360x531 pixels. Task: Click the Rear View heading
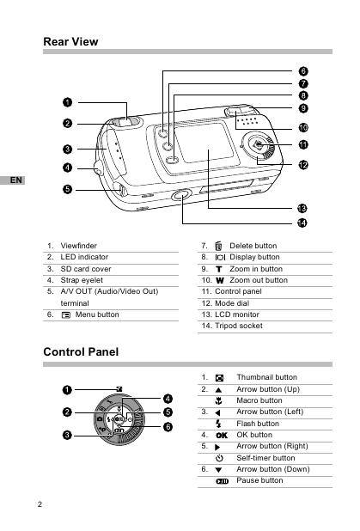pyautogui.click(x=70, y=41)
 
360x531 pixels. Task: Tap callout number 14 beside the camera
pyautogui.click(x=302, y=223)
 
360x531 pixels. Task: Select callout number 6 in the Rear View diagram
pyautogui.click(x=303, y=71)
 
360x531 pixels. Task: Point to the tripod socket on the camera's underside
pyautogui.click(x=181, y=195)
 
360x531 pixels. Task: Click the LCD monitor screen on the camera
pyautogui.click(x=204, y=143)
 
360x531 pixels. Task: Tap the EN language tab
pyautogui.click(x=13, y=180)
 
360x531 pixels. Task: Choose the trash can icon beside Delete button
pyautogui.click(x=218, y=246)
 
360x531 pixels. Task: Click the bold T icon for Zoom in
pyautogui.click(x=219, y=269)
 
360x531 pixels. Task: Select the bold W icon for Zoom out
pyautogui.click(x=220, y=280)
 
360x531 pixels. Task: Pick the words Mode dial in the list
pyautogui.click(x=232, y=303)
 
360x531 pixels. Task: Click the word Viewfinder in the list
pyautogui.click(x=78, y=246)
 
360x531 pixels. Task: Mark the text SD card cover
pyautogui.click(x=86, y=269)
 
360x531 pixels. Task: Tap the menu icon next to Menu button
pyautogui.click(x=66, y=315)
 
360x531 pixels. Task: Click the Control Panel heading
pyautogui.click(x=81, y=352)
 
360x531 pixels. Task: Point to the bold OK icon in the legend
pyautogui.click(x=222, y=436)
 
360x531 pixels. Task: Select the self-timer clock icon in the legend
pyautogui.click(x=219, y=458)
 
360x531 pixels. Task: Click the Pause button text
pyautogui.click(x=259, y=480)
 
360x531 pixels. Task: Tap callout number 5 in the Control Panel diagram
pyautogui.click(x=168, y=412)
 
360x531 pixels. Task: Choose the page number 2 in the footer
pyautogui.click(x=40, y=504)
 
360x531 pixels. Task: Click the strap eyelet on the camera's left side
pyautogui.click(x=98, y=168)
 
